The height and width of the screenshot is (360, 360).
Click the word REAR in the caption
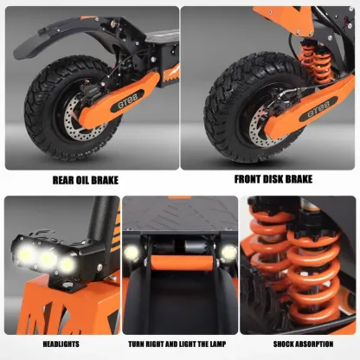[x=63, y=180]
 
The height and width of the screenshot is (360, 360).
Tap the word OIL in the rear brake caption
[x=83, y=180]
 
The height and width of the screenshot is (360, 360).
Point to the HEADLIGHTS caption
[x=61, y=344]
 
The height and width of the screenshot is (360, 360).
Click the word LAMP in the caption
[x=218, y=344]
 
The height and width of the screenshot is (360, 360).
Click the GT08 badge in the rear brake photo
[x=127, y=101]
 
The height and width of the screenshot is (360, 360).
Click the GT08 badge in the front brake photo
[x=318, y=110]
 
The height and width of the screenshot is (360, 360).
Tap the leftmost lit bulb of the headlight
[x=26, y=254]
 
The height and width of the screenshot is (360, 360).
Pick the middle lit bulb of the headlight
[x=48, y=260]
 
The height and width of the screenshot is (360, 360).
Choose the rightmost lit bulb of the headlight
[x=67, y=265]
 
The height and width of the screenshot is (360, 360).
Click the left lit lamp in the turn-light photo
[x=132, y=253]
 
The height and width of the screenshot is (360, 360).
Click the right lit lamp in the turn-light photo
[x=228, y=253]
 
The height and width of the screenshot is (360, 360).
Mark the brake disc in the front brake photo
[x=260, y=128]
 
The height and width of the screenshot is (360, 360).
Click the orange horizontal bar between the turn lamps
[x=182, y=262]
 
